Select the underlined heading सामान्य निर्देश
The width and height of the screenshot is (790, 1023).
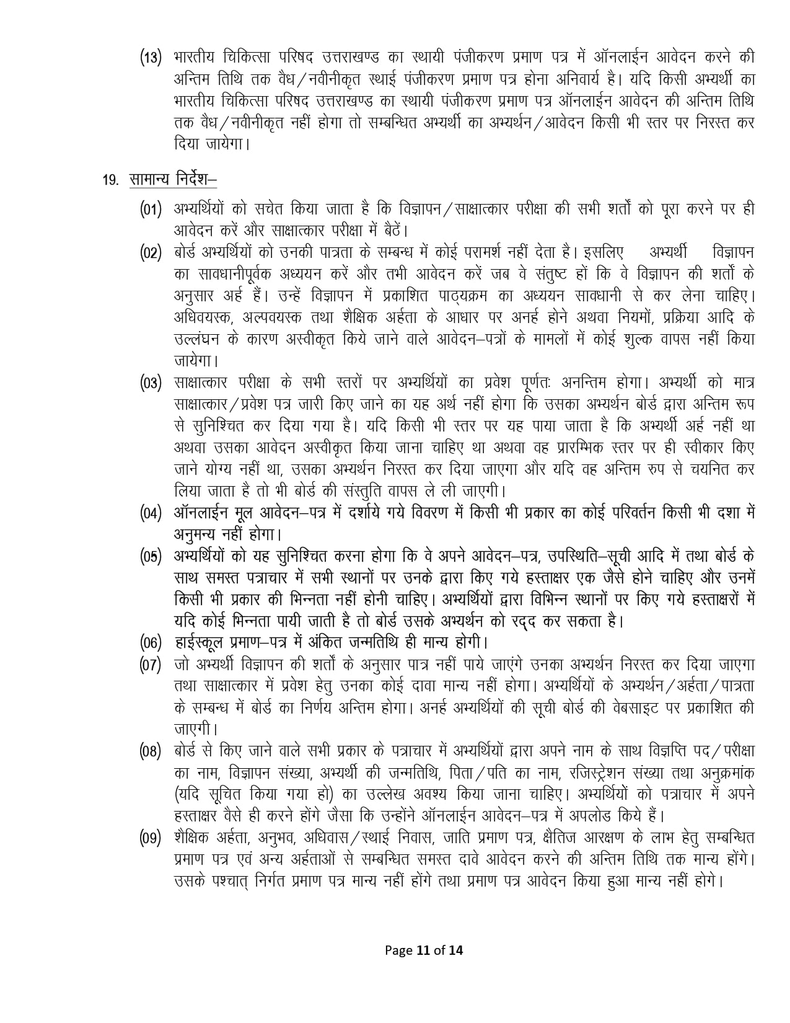point(172,180)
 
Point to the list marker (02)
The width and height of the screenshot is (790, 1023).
point(151,253)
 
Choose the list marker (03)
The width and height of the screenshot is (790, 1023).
point(151,383)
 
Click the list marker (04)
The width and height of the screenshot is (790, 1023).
point(151,513)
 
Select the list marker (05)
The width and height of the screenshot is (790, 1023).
point(151,556)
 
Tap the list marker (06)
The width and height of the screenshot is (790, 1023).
point(151,642)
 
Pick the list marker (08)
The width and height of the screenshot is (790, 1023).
point(151,751)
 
